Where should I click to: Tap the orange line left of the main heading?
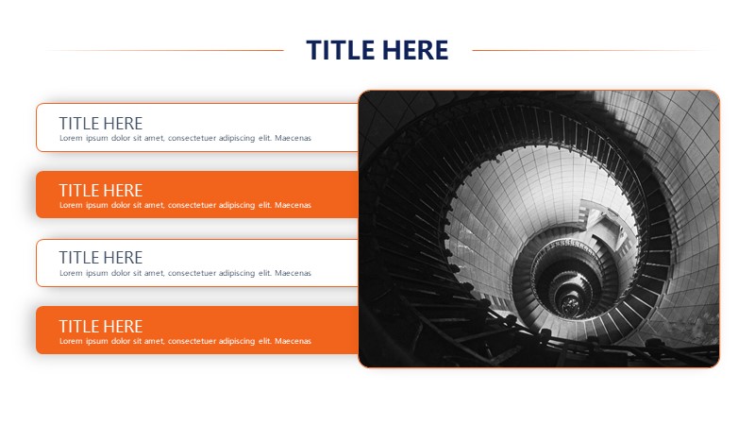tap(164, 50)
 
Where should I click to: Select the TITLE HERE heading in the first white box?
tap(101, 124)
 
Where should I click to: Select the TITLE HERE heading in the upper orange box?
tap(101, 191)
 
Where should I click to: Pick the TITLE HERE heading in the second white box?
tap(101, 257)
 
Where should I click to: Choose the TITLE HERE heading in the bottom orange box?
tap(101, 326)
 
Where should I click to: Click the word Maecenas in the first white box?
tap(293, 138)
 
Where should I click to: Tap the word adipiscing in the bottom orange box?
tap(237, 342)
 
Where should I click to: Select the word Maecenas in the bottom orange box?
tap(293, 341)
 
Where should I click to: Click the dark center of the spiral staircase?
tap(571, 303)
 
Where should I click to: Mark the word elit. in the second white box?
tap(265, 273)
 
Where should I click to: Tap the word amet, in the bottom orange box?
tap(154, 341)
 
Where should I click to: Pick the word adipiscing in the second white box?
tap(237, 274)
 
